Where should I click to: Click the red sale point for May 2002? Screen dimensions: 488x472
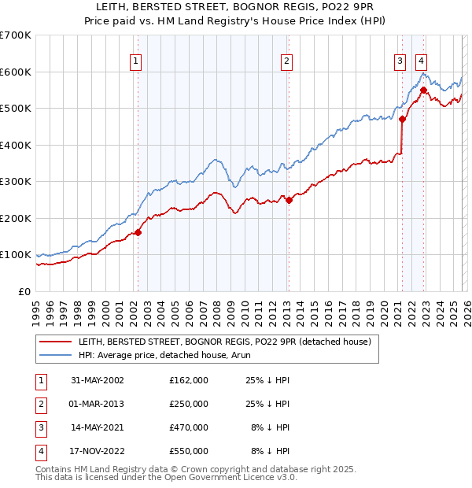(x=138, y=232)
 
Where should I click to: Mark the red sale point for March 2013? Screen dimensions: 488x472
(x=289, y=200)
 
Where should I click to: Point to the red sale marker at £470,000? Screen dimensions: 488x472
(x=402, y=120)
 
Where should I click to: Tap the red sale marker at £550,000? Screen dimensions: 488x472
(x=423, y=90)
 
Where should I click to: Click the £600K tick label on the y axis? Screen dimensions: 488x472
(x=16, y=72)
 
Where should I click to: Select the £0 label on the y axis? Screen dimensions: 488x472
(x=25, y=291)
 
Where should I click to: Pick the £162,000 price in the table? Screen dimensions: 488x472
(x=188, y=380)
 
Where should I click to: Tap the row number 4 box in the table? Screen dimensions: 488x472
(x=39, y=451)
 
